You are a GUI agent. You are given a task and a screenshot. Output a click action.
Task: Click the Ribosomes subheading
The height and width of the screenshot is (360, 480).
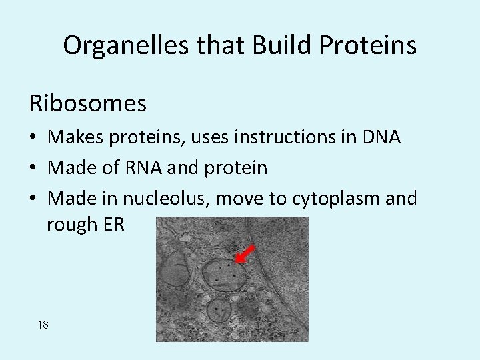(x=87, y=103)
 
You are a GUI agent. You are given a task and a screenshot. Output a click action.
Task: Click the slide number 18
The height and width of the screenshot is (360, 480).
(x=43, y=325)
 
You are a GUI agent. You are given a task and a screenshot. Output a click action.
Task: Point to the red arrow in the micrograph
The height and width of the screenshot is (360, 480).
(x=245, y=254)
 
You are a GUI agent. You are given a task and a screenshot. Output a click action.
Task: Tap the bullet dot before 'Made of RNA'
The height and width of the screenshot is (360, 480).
(x=33, y=169)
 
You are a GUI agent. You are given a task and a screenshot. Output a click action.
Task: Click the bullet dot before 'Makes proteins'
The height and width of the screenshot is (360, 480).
(x=33, y=139)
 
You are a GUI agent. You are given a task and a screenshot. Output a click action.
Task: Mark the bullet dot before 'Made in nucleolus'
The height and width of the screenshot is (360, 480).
(x=33, y=199)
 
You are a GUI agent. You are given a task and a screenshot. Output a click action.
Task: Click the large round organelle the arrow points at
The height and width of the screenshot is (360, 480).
(x=222, y=273)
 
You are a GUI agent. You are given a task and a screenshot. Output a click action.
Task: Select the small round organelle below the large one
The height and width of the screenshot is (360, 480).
(x=218, y=311)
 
